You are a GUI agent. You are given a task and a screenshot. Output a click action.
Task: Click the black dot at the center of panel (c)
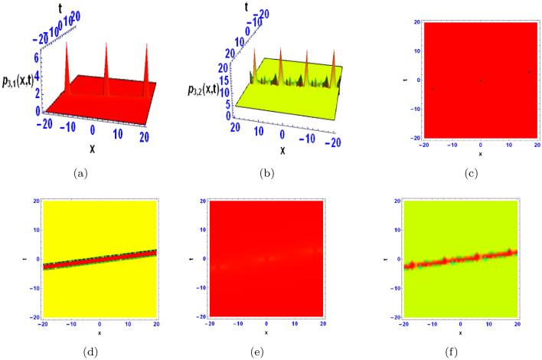tap(481, 80)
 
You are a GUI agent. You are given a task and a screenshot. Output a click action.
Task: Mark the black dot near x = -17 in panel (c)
tap(433, 89)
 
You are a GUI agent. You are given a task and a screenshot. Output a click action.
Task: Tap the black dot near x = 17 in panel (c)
tap(529, 72)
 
